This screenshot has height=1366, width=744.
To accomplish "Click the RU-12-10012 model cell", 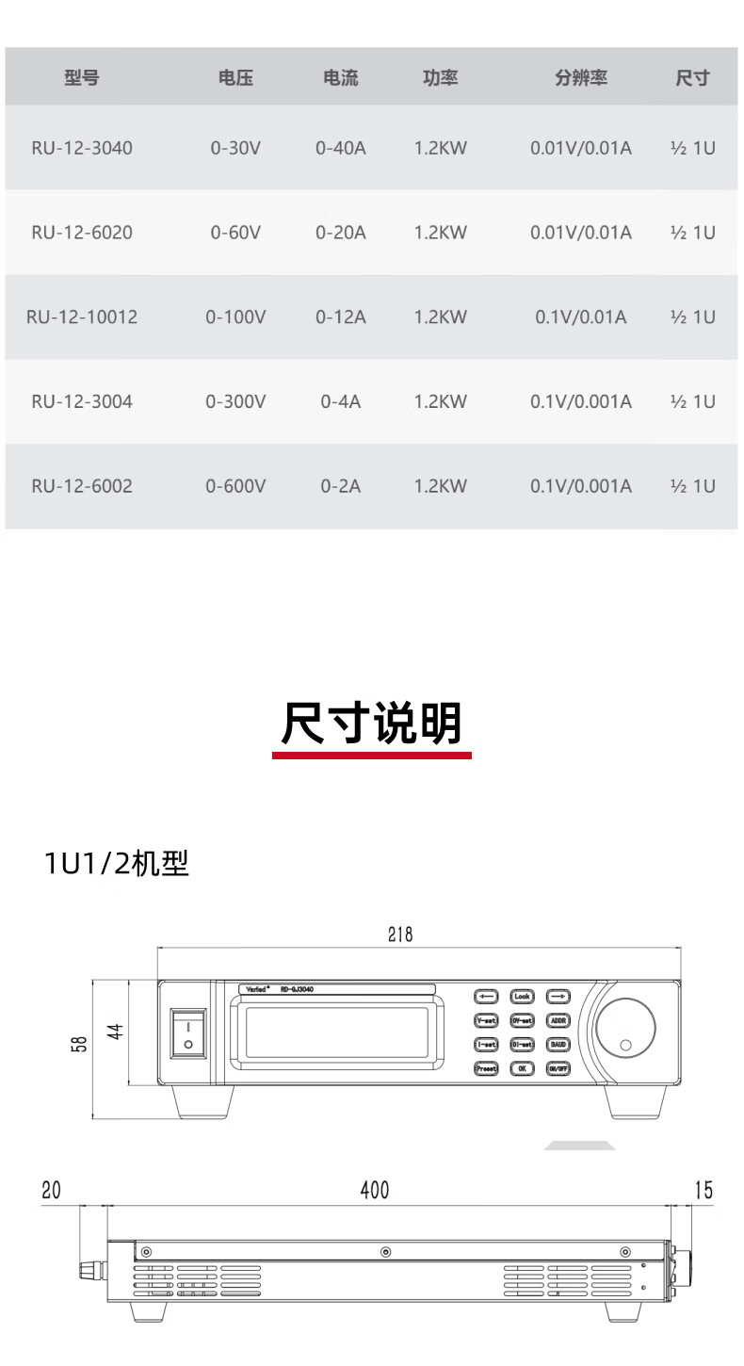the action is click(x=82, y=317).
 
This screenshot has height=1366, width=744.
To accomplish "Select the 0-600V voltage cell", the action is click(x=235, y=486).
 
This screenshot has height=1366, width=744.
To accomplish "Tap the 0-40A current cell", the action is click(x=340, y=148).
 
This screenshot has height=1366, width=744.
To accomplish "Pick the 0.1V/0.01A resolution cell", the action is click(x=580, y=317).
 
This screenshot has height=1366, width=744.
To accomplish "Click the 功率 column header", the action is click(x=440, y=78).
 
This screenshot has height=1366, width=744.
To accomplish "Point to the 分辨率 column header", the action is click(x=580, y=78).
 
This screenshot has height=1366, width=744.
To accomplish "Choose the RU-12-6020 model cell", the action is click(x=82, y=233).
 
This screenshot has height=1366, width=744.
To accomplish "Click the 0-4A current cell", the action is click(x=340, y=401).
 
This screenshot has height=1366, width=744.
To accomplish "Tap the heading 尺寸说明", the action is click(x=372, y=724).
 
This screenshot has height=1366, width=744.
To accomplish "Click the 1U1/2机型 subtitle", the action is click(x=117, y=863).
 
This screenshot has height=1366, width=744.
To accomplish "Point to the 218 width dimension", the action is click(x=400, y=935).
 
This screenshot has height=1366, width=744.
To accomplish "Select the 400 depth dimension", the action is click(x=374, y=1190).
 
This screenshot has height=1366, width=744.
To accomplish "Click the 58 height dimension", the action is click(x=79, y=1045).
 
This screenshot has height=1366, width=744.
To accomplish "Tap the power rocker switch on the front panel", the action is click(x=188, y=1033).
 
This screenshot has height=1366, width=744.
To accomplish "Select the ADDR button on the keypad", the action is click(x=558, y=1020).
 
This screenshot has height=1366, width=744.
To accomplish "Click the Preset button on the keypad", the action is click(x=486, y=1068).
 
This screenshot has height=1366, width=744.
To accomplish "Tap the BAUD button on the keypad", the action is click(x=558, y=1045).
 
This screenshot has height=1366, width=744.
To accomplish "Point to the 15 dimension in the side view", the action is click(x=704, y=1190).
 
